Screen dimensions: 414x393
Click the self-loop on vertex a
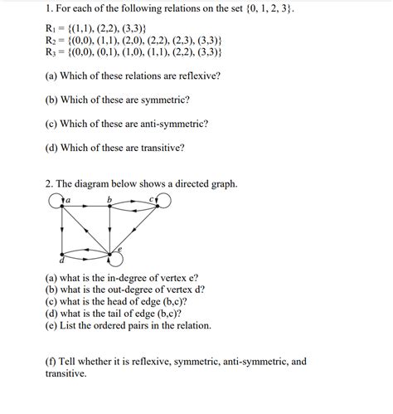coord(56,201)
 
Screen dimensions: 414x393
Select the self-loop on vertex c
coord(163,200)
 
